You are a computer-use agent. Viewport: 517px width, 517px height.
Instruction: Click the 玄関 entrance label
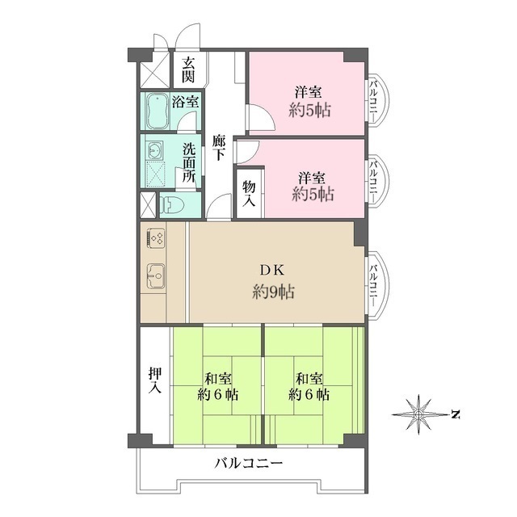[188, 70]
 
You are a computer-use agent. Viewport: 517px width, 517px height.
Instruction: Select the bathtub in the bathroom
[156, 111]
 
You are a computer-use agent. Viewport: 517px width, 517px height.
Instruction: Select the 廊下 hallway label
[219, 151]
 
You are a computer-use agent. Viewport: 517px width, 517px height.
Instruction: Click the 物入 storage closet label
[249, 194]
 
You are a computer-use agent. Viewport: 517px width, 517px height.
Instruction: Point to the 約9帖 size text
[271, 292]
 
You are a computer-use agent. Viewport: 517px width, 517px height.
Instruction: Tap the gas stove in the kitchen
[156, 239]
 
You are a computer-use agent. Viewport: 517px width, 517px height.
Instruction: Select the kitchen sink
[155, 277]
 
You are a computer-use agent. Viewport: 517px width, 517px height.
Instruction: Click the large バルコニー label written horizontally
[248, 464]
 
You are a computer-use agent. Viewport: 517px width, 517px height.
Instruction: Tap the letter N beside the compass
[456, 415]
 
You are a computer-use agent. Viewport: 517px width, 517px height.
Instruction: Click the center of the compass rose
[418, 414]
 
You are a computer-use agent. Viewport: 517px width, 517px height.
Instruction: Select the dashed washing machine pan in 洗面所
[155, 174]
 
